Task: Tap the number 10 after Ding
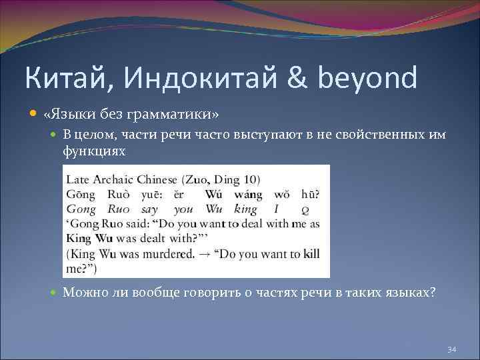(x=253, y=179)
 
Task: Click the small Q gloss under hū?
(x=305, y=209)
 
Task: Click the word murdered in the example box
(x=175, y=254)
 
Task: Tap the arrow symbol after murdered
(x=205, y=254)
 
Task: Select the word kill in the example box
(x=311, y=254)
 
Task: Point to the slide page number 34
(x=451, y=349)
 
